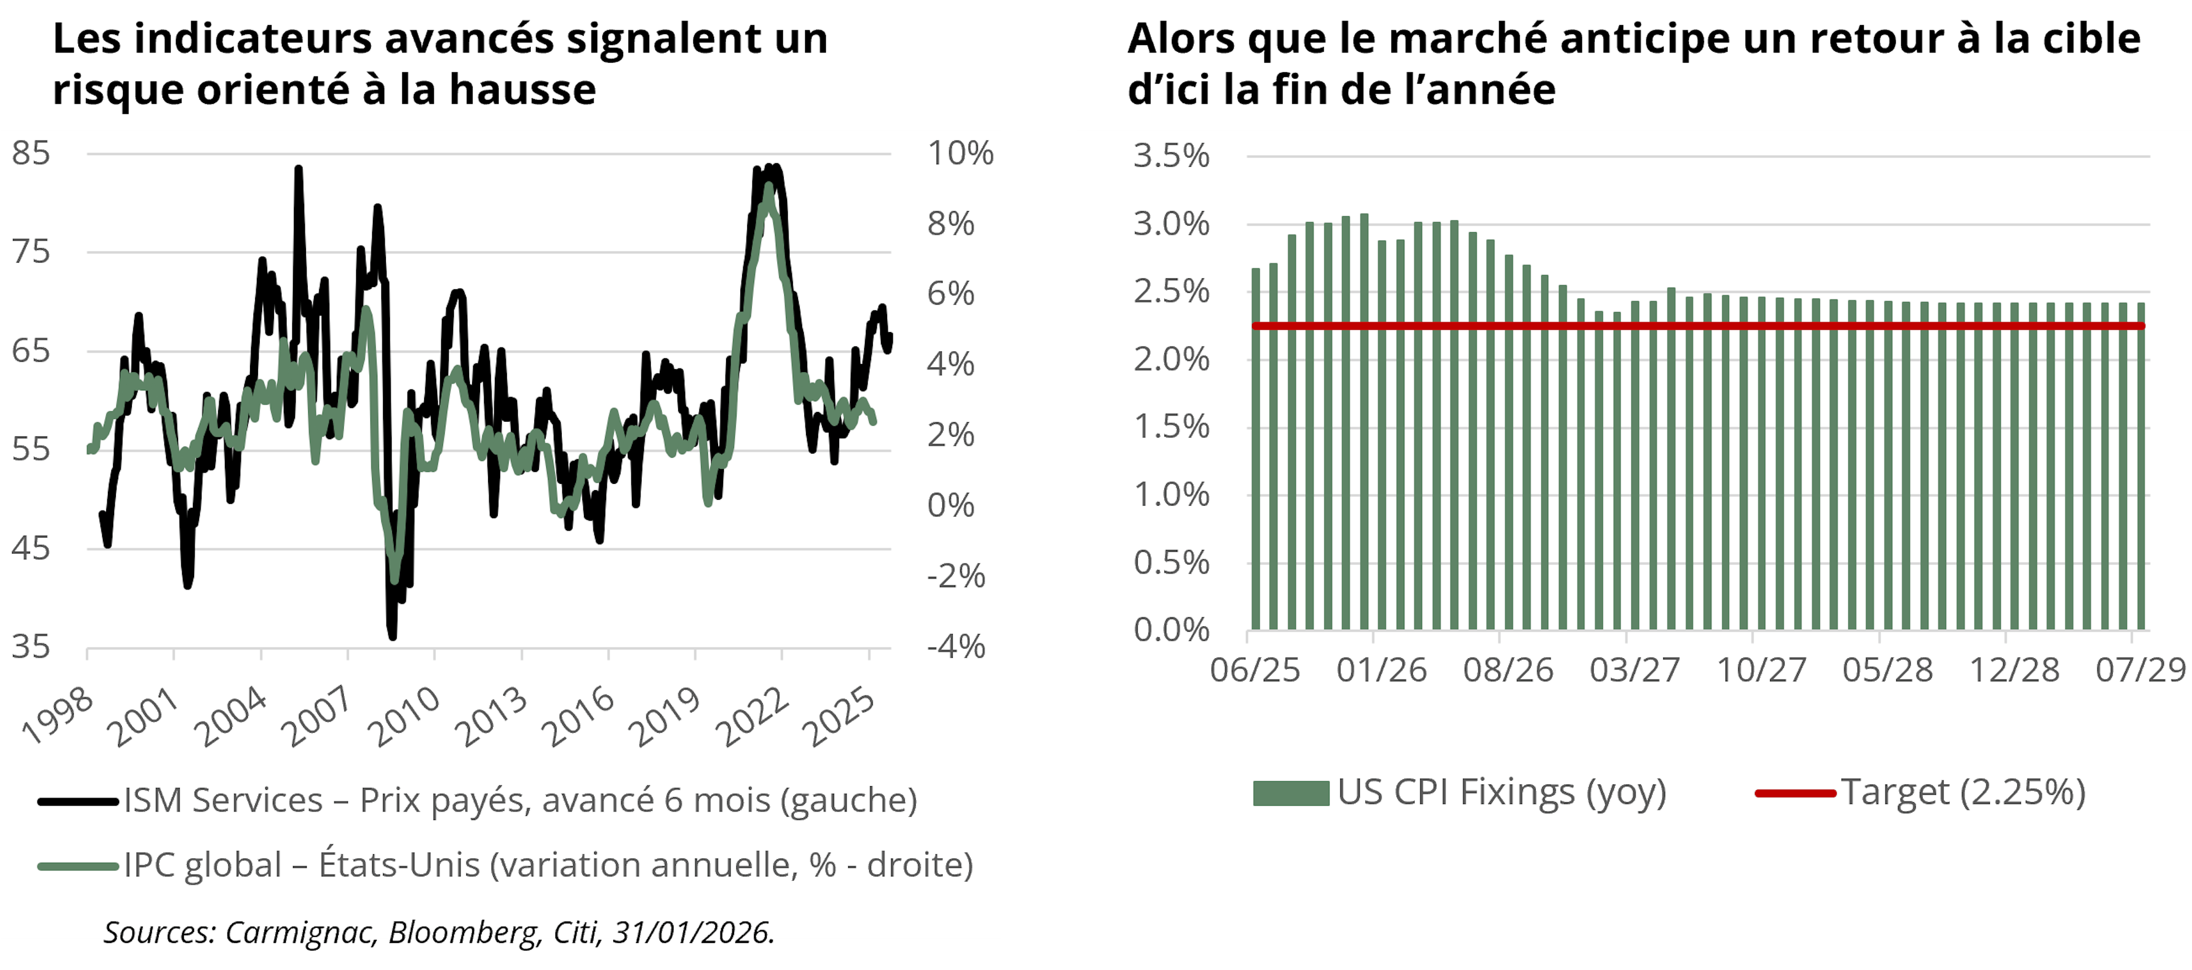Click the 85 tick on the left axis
(31, 153)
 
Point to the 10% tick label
(959, 153)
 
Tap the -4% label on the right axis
(956, 646)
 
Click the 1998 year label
(58, 716)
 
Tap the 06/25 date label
(1255, 670)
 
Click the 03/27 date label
(1635, 670)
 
